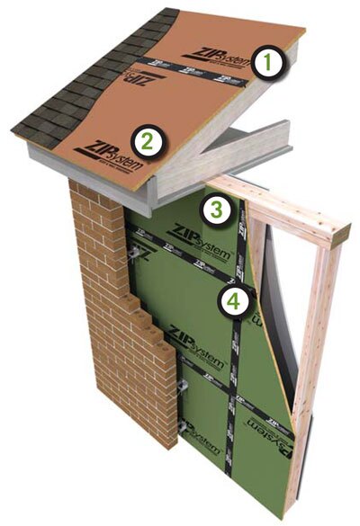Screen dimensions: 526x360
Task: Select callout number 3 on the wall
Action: tap(216, 210)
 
